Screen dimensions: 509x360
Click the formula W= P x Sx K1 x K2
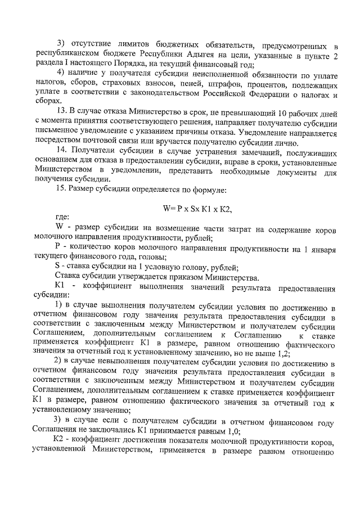click(197, 208)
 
